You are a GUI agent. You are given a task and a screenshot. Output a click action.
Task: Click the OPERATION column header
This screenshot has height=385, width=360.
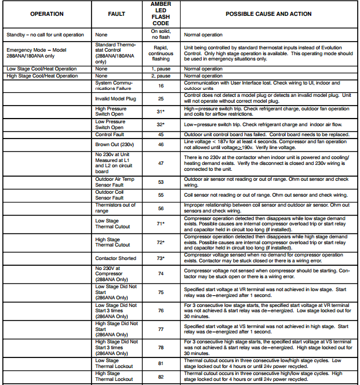[x=47, y=13]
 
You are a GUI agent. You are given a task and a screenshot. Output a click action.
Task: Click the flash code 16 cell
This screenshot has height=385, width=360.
[x=161, y=86]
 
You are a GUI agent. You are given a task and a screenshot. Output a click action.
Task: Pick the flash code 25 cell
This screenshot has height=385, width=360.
[x=161, y=98]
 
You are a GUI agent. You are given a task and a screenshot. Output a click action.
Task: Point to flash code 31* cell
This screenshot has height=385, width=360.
[x=161, y=112]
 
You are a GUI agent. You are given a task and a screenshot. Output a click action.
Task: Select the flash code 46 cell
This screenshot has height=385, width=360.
[x=161, y=144]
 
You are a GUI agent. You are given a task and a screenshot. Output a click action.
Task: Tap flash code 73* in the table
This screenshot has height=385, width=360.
[x=161, y=258]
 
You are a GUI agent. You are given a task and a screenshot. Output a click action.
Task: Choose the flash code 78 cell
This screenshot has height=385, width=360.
[x=161, y=347]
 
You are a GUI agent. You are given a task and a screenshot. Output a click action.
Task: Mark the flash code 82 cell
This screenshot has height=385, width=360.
[x=161, y=376]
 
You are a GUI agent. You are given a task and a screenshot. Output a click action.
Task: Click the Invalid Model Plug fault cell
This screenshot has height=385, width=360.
[x=116, y=99]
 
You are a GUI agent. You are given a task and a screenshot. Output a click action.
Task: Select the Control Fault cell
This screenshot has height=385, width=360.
[x=109, y=134]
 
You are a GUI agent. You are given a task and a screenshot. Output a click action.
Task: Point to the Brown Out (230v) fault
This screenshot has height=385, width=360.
[x=115, y=144]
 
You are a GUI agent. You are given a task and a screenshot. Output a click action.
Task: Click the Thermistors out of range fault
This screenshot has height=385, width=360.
[x=116, y=208]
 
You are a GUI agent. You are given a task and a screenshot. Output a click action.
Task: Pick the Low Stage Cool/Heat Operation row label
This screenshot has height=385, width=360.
[x=42, y=69]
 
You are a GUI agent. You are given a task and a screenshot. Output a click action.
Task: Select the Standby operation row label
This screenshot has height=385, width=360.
[x=45, y=35]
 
